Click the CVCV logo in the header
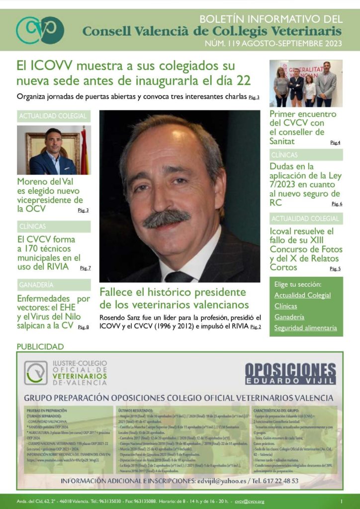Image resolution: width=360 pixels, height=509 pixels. pyautogui.click(x=40, y=30)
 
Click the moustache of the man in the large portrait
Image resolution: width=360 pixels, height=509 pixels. pyautogui.click(x=167, y=217)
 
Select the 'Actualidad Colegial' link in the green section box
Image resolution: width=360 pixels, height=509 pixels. pyautogui.click(x=302, y=295)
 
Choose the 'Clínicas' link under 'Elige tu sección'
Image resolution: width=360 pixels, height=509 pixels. pyautogui.click(x=285, y=306)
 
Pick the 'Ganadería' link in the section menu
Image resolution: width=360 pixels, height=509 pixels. pyautogui.click(x=289, y=317)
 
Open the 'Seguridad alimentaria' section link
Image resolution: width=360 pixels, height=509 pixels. pyautogui.click(x=305, y=328)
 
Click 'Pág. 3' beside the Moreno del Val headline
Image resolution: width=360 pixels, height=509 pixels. pyautogui.click(x=84, y=210)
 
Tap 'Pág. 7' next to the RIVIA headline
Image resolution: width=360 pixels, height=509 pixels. pyautogui.click(x=85, y=268)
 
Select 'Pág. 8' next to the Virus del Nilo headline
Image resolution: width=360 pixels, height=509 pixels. pyautogui.click(x=84, y=327)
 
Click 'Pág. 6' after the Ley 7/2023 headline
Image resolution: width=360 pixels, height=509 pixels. pyautogui.click(x=337, y=204)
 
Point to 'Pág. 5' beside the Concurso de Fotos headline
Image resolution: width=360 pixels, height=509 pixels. pyautogui.click(x=335, y=269)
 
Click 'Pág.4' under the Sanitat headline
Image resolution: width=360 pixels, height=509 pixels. pyautogui.click(x=335, y=143)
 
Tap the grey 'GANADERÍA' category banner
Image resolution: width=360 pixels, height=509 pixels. pyautogui.click(x=54, y=285)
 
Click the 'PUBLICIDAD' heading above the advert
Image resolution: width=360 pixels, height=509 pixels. pyautogui.click(x=40, y=346)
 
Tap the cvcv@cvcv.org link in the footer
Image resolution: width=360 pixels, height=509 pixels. pyautogui.click(x=250, y=501)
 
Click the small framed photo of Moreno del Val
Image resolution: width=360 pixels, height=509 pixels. pyautogui.click(x=54, y=150)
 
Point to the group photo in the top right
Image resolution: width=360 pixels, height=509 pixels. pyautogui.click(x=306, y=83)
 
